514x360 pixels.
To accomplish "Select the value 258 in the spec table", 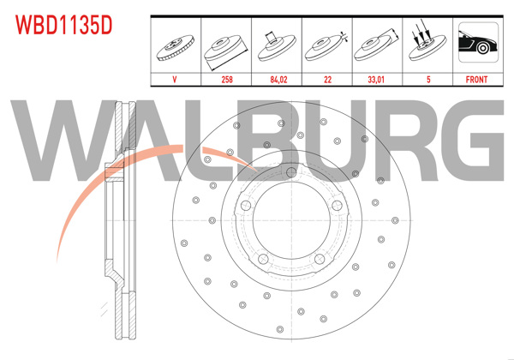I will (227, 79).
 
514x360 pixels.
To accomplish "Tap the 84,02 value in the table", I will (277, 79).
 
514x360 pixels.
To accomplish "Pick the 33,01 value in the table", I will (376, 79).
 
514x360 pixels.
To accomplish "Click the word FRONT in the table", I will (476, 79).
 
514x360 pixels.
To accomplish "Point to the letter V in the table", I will (176, 79).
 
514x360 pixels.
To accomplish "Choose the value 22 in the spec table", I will (327, 79).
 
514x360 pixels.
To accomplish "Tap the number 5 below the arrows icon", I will (426, 79).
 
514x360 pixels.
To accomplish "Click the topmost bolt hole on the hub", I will (291, 173).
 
